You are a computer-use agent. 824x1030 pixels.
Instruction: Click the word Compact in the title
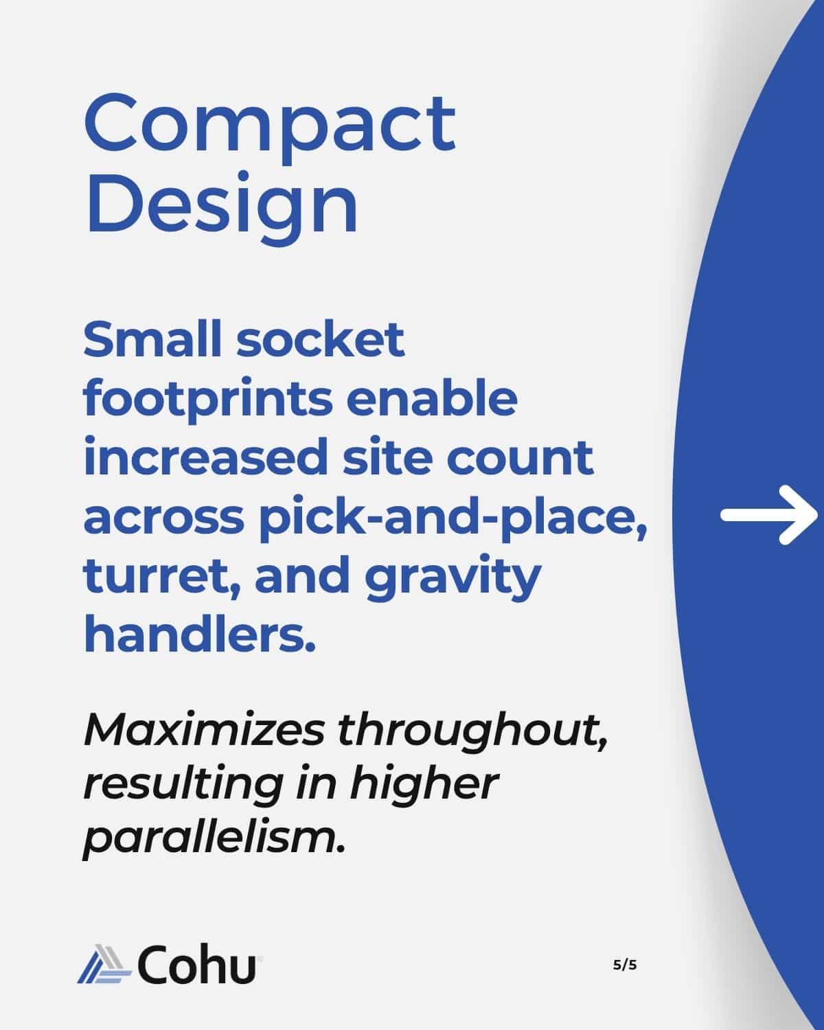tap(270, 128)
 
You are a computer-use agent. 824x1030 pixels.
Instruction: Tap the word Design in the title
tap(221, 208)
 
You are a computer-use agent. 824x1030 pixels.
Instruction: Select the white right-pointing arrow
tap(769, 514)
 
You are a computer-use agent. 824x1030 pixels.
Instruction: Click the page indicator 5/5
tap(625, 965)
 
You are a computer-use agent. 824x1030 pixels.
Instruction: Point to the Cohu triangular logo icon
tap(104, 964)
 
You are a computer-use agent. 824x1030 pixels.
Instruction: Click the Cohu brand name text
tap(197, 964)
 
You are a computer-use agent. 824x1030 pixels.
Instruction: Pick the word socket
tap(321, 339)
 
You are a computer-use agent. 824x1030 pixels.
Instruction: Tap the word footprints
tap(208, 399)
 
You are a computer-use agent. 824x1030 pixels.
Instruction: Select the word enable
tap(431, 398)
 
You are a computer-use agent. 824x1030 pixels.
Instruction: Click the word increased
tap(205, 457)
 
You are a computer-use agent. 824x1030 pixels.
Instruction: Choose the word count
tap(520, 458)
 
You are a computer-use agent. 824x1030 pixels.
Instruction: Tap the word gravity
tap(453, 577)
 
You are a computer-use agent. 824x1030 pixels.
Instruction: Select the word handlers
tap(200, 633)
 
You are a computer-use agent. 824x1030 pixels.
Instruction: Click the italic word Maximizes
tap(205, 731)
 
